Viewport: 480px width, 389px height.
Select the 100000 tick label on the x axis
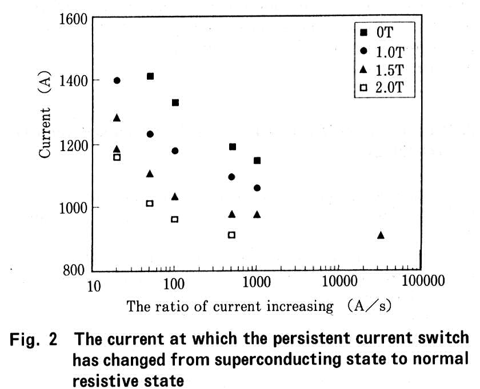click(421, 284)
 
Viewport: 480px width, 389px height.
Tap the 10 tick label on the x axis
click(93, 285)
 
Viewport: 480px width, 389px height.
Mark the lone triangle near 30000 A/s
click(381, 235)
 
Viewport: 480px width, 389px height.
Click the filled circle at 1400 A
click(117, 80)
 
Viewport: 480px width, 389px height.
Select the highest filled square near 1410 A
click(150, 76)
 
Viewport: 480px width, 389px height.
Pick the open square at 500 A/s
click(231, 234)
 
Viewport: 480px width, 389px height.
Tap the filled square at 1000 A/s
click(257, 160)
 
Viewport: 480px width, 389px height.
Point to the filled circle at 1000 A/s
click(257, 188)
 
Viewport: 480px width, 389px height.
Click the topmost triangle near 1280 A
click(117, 117)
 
